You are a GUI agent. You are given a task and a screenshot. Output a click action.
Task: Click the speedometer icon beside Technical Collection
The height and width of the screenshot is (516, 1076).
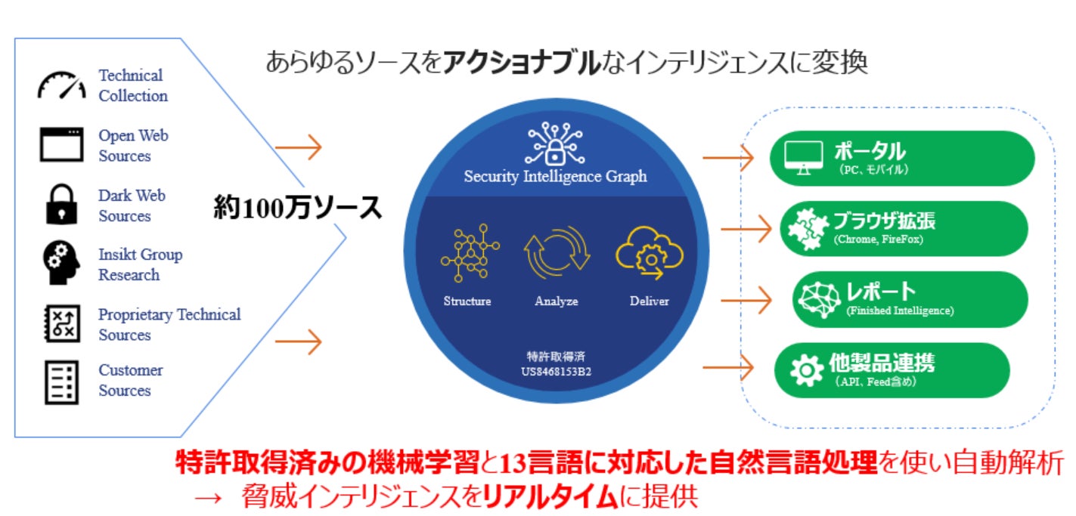point(62,85)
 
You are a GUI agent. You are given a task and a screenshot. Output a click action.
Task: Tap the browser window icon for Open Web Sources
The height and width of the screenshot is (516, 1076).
point(61,145)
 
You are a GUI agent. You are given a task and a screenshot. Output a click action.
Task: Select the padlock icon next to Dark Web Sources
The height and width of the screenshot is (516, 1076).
point(61,205)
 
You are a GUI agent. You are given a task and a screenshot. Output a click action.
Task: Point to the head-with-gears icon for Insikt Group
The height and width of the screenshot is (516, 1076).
point(60,263)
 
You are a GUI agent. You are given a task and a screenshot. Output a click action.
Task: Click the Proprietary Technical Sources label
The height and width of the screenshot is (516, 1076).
point(169,324)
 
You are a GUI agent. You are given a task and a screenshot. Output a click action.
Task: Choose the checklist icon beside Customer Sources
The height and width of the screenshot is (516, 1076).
point(61,382)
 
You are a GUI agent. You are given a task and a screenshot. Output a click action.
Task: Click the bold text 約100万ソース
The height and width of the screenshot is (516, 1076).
point(297,207)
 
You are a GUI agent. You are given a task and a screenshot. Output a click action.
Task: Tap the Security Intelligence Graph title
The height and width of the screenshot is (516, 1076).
point(555,177)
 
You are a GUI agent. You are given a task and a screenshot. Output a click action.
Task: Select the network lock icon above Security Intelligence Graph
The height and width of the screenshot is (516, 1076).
point(555,144)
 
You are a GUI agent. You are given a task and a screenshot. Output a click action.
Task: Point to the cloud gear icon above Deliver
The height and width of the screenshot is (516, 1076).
point(649,255)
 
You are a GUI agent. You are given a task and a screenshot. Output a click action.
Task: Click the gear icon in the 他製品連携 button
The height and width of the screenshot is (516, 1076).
point(805,369)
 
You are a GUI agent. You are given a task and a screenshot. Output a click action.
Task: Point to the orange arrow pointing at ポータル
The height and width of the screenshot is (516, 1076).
point(727,158)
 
